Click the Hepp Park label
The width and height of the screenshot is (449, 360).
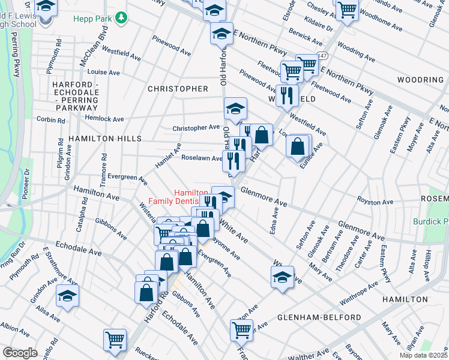click(x=93, y=19)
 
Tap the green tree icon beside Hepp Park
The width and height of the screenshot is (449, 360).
click(x=122, y=18)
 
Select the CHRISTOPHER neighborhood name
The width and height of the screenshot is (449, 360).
click(x=178, y=89)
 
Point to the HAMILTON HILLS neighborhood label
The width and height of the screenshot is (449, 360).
click(x=104, y=138)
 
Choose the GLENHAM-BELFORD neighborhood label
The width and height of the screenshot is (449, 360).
click(x=319, y=317)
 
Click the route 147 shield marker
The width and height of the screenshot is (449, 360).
click(x=323, y=56)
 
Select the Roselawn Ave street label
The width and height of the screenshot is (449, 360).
click(x=202, y=158)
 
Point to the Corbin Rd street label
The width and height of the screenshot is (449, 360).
click(x=50, y=120)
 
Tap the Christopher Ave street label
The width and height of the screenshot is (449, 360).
click(x=196, y=128)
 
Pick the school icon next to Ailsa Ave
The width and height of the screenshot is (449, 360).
click(x=67, y=295)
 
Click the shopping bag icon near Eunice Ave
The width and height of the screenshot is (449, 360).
click(x=298, y=146)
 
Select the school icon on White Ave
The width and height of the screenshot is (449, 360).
click(x=282, y=277)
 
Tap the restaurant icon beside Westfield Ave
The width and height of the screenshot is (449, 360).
click(x=287, y=94)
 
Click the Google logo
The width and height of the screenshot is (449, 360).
click(x=20, y=353)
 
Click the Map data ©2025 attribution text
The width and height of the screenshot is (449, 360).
click(x=423, y=355)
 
